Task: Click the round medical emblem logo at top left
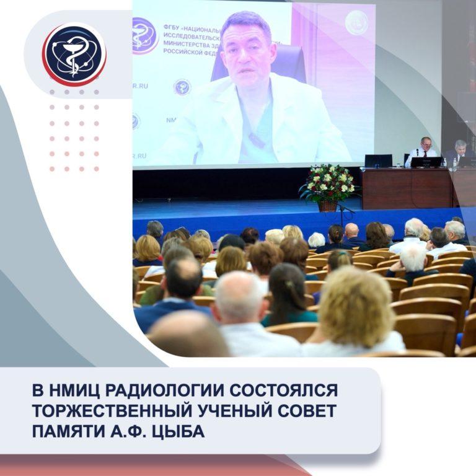tap(74, 54)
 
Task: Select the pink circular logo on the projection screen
tap(144, 35)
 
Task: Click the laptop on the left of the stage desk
tap(377, 161)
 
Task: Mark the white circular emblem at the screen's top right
tap(356, 23)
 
